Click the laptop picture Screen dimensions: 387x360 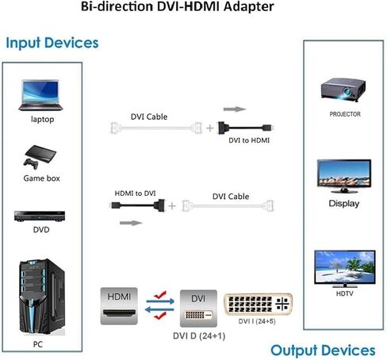pyautogui.click(x=40, y=95)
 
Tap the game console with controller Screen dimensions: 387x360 pyautogui.click(x=40, y=157)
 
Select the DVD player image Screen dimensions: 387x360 pyautogui.click(x=40, y=216)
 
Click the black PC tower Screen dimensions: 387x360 pyautogui.click(x=42, y=297)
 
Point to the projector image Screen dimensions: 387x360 pyautogui.click(x=343, y=90)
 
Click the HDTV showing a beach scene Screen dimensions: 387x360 pyautogui.click(x=345, y=269)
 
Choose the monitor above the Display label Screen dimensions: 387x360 pyautogui.click(x=344, y=176)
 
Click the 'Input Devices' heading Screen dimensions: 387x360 pyautogui.click(x=52, y=43)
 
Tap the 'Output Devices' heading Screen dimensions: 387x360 pyautogui.click(x=323, y=350)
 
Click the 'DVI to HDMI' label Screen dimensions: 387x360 pyautogui.click(x=249, y=140)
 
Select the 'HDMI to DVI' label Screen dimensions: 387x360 pyautogui.click(x=135, y=193)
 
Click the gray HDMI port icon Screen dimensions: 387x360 pyautogui.click(x=119, y=306)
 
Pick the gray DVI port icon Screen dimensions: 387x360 pyautogui.click(x=198, y=308)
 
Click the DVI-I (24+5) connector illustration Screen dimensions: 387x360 pyautogui.click(x=258, y=304)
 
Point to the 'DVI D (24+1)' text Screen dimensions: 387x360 pyautogui.click(x=199, y=336)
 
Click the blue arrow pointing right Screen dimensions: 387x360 pyautogui.click(x=160, y=301)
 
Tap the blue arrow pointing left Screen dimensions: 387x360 pyautogui.click(x=159, y=309)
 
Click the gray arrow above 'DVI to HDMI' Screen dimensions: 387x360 pyautogui.click(x=235, y=109)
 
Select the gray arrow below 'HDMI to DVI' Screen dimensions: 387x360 pyautogui.click(x=131, y=223)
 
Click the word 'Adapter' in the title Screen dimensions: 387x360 pyautogui.click(x=249, y=6)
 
